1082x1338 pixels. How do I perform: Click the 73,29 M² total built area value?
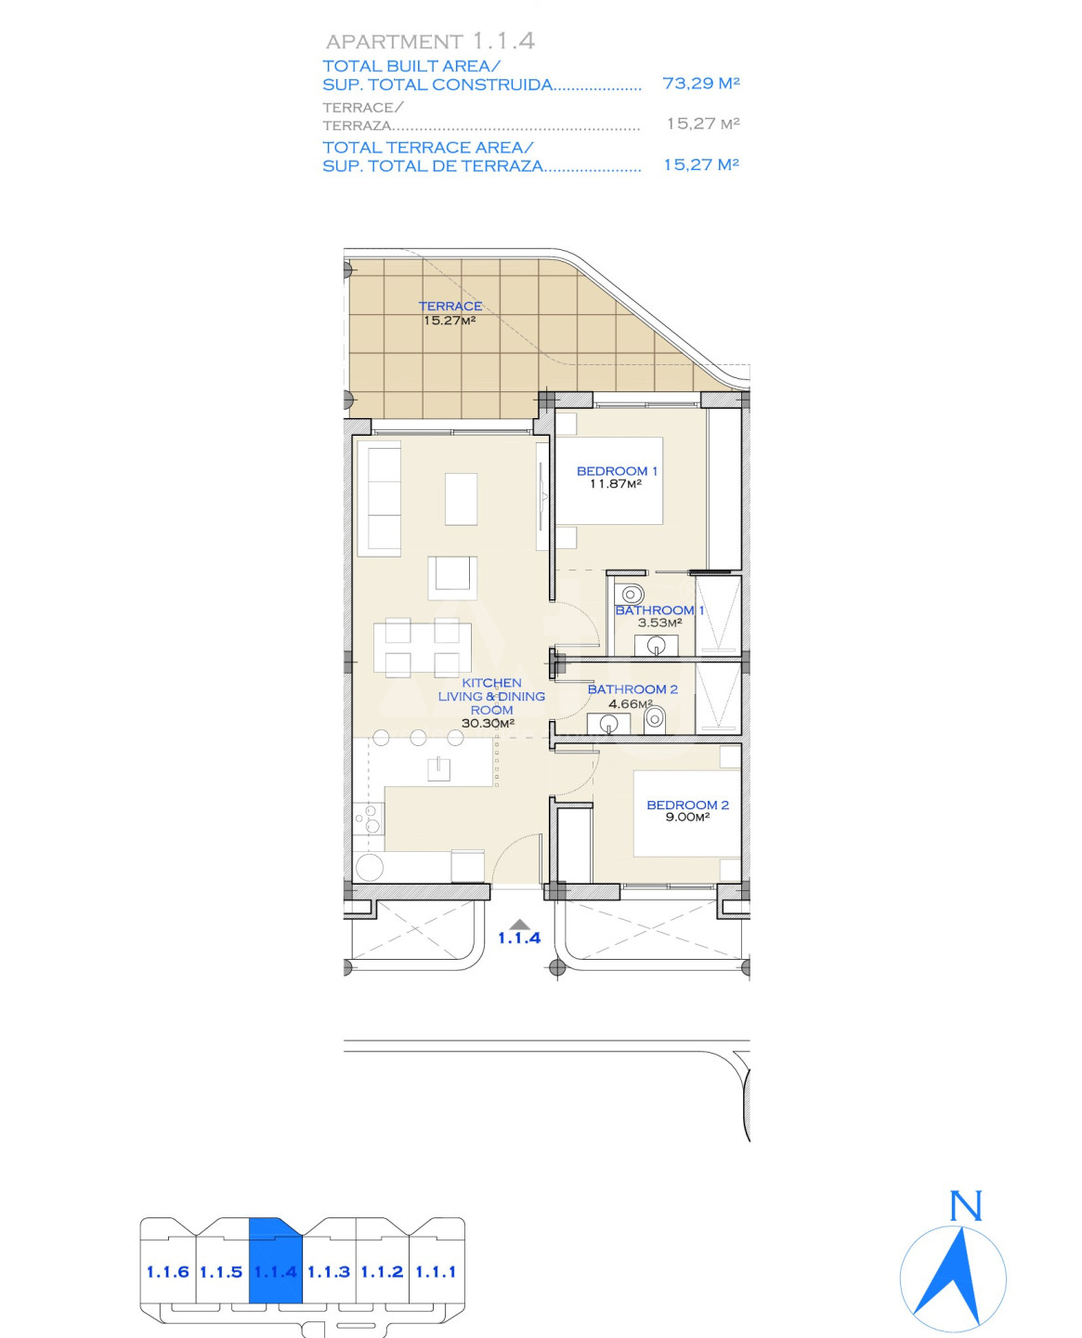[701, 83]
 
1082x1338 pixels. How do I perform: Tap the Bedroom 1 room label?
[617, 470]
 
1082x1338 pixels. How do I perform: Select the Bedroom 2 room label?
[687, 805]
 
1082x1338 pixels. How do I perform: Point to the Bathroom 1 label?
[659, 610]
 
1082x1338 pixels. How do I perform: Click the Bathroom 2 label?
[632, 689]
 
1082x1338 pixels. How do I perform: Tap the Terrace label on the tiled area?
[450, 306]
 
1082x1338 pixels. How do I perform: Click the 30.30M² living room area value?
[488, 723]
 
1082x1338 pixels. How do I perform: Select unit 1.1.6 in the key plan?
[168, 1272]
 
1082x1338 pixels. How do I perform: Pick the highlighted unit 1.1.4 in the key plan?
[276, 1272]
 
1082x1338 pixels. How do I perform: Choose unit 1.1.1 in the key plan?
[436, 1272]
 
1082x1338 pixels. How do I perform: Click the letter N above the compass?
[965, 1205]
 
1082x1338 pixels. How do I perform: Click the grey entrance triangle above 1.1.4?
[518, 924]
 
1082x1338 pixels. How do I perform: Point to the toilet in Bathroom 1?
[629, 593]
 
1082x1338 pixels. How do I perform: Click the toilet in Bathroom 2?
[655, 716]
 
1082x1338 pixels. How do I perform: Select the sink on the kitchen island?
[439, 768]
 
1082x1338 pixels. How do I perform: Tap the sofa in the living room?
[379, 498]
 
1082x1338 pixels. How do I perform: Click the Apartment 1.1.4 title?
[430, 42]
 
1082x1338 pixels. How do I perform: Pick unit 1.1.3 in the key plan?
[329, 1272]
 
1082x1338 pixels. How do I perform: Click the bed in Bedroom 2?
[687, 814]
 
